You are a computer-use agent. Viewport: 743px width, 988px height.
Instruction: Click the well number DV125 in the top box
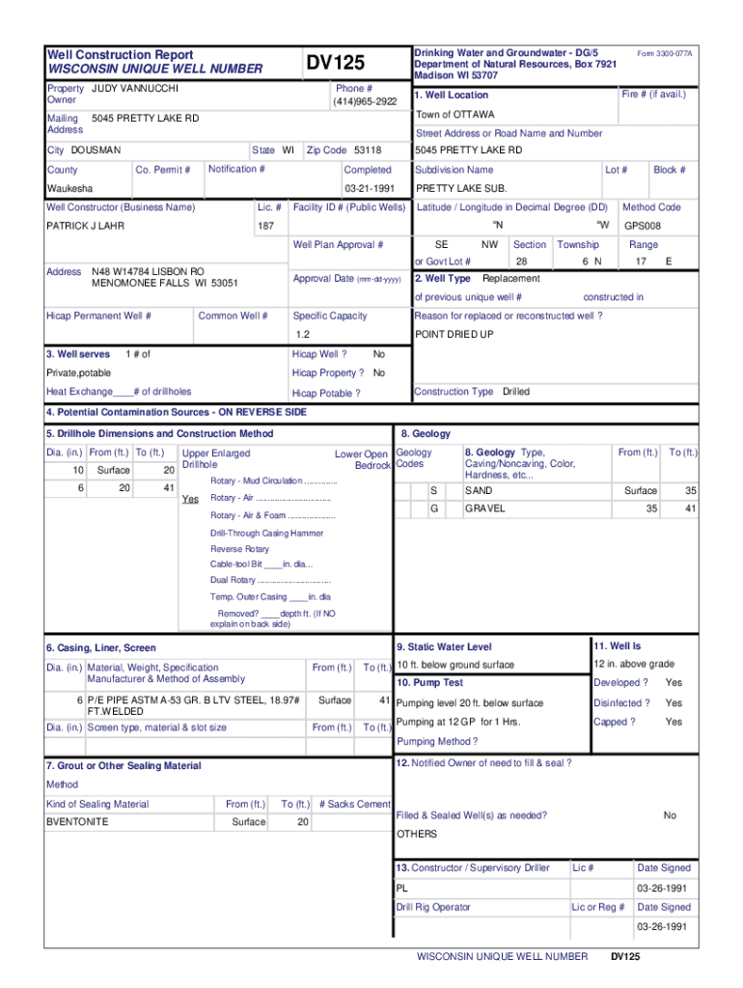click(x=336, y=64)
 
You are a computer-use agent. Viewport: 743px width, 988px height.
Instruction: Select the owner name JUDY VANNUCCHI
click(x=135, y=89)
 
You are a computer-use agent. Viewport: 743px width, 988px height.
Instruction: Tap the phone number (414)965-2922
click(x=365, y=101)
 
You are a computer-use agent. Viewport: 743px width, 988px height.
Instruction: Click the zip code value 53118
click(x=368, y=151)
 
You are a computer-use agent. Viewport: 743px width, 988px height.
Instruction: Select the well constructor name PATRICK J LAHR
click(x=86, y=226)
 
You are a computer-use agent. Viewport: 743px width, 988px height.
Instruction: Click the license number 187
click(x=266, y=226)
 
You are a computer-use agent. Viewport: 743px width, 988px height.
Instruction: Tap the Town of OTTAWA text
click(x=454, y=115)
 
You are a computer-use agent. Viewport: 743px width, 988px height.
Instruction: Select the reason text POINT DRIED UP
click(x=454, y=335)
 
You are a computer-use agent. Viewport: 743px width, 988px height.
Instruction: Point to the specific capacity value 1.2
click(x=302, y=335)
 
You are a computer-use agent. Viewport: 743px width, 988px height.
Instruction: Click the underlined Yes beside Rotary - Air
click(x=190, y=499)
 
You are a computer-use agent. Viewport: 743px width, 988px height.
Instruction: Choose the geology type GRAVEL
click(x=484, y=508)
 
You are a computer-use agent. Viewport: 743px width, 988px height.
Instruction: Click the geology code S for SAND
click(x=434, y=491)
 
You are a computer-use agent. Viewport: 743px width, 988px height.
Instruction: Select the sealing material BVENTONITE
click(x=77, y=822)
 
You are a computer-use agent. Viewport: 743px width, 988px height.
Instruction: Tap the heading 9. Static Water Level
click(x=444, y=646)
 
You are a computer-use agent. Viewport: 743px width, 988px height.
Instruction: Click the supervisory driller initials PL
click(x=402, y=888)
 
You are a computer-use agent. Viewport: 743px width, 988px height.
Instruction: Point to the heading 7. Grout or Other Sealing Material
click(x=124, y=766)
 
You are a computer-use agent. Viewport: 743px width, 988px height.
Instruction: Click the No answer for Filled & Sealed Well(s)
click(x=670, y=815)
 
